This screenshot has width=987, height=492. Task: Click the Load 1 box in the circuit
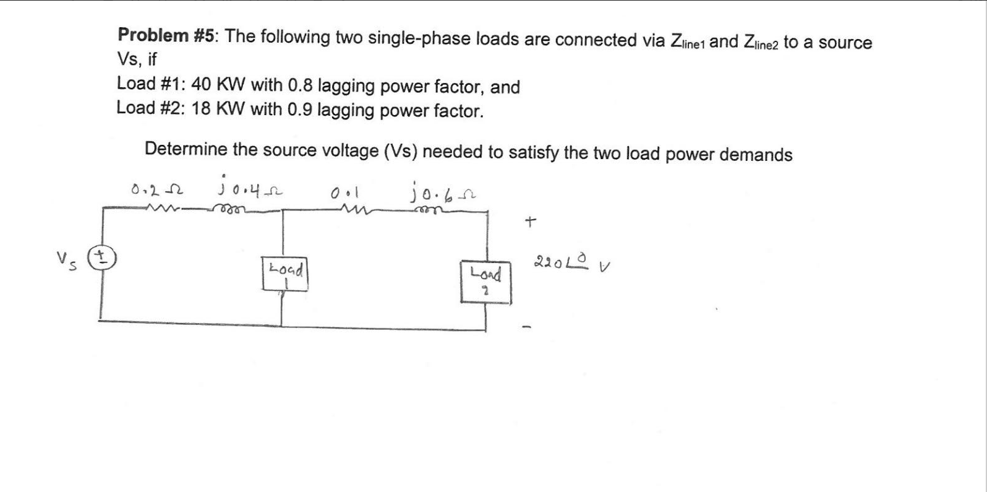point(285,274)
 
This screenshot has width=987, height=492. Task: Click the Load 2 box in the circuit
point(485,281)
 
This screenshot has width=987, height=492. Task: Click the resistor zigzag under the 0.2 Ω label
point(163,208)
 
